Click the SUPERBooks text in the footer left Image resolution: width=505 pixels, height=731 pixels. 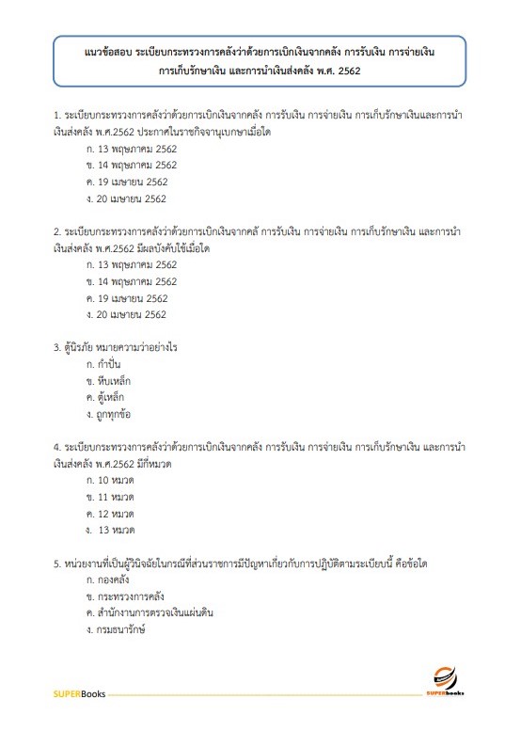click(x=79, y=694)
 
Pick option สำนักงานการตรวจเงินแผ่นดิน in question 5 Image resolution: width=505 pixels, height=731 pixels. click(x=153, y=612)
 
